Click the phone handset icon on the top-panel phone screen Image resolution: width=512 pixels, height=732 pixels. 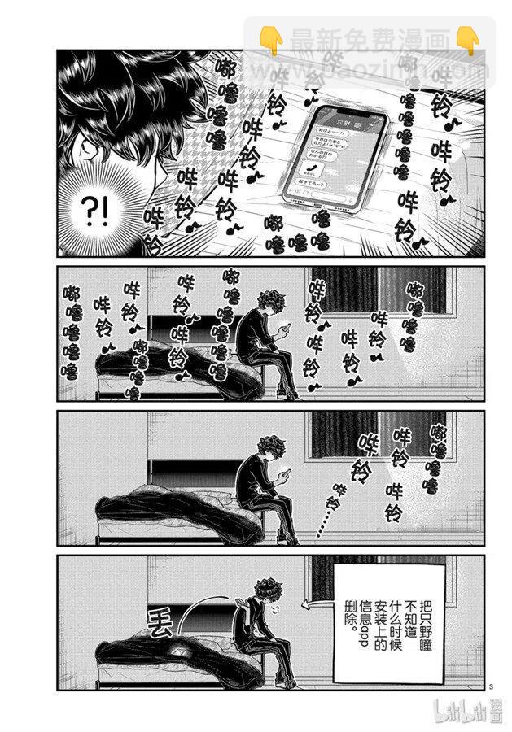309,166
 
